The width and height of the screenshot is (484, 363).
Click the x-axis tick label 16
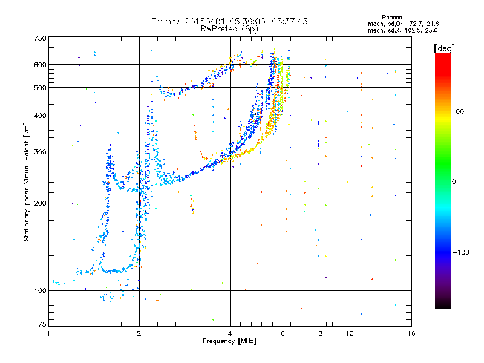[411, 333]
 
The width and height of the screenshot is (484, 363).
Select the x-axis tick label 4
[230, 333]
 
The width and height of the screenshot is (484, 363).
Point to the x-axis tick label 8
[320, 333]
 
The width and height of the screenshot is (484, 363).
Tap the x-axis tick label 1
[48, 333]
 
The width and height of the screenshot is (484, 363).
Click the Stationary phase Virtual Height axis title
[27, 181]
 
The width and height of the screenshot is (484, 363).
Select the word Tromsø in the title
[167, 21]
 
